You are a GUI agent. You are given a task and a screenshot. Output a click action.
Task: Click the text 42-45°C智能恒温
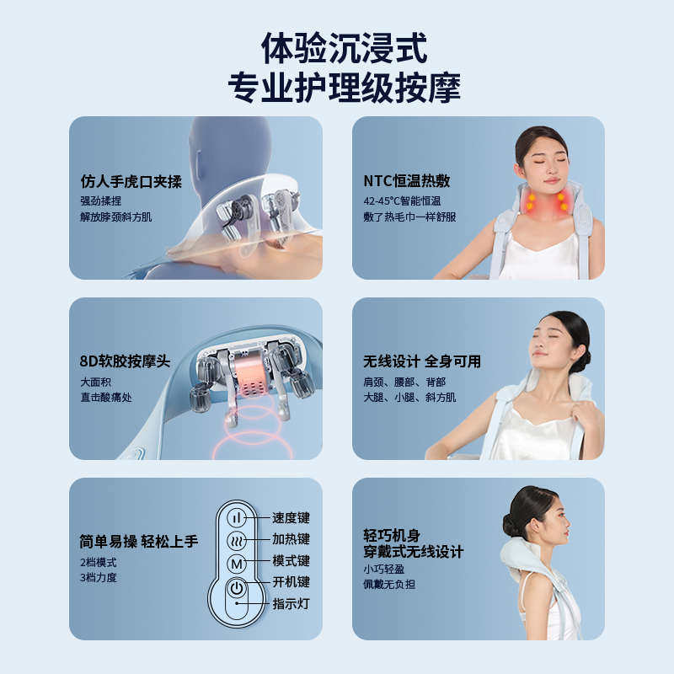(x=402, y=201)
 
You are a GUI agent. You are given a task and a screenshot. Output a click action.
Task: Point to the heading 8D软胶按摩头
(x=125, y=361)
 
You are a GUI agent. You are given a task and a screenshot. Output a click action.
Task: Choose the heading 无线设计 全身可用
(x=421, y=361)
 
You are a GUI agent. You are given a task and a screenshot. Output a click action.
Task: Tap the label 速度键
(x=291, y=518)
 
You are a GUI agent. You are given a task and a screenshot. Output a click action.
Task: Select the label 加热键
(x=291, y=540)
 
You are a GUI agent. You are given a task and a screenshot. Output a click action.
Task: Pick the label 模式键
(x=291, y=561)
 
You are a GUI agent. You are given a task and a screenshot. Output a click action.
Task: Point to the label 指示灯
(x=291, y=604)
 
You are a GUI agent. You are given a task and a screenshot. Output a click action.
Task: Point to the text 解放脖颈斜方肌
(x=116, y=217)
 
